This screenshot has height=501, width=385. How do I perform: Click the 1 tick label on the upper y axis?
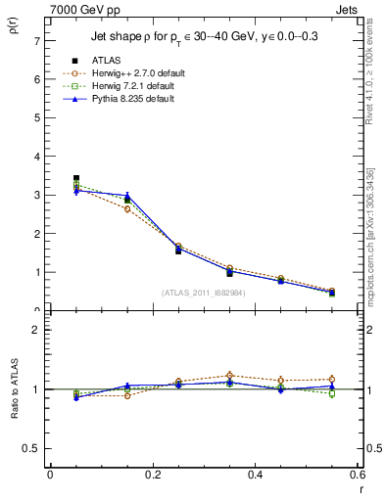[36, 272]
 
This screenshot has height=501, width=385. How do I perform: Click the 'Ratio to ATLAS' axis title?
[14, 389]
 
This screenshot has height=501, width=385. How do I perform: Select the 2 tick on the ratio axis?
[36, 330]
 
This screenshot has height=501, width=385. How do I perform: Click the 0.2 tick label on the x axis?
[152, 475]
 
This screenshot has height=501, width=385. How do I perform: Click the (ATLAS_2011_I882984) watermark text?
[203, 293]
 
